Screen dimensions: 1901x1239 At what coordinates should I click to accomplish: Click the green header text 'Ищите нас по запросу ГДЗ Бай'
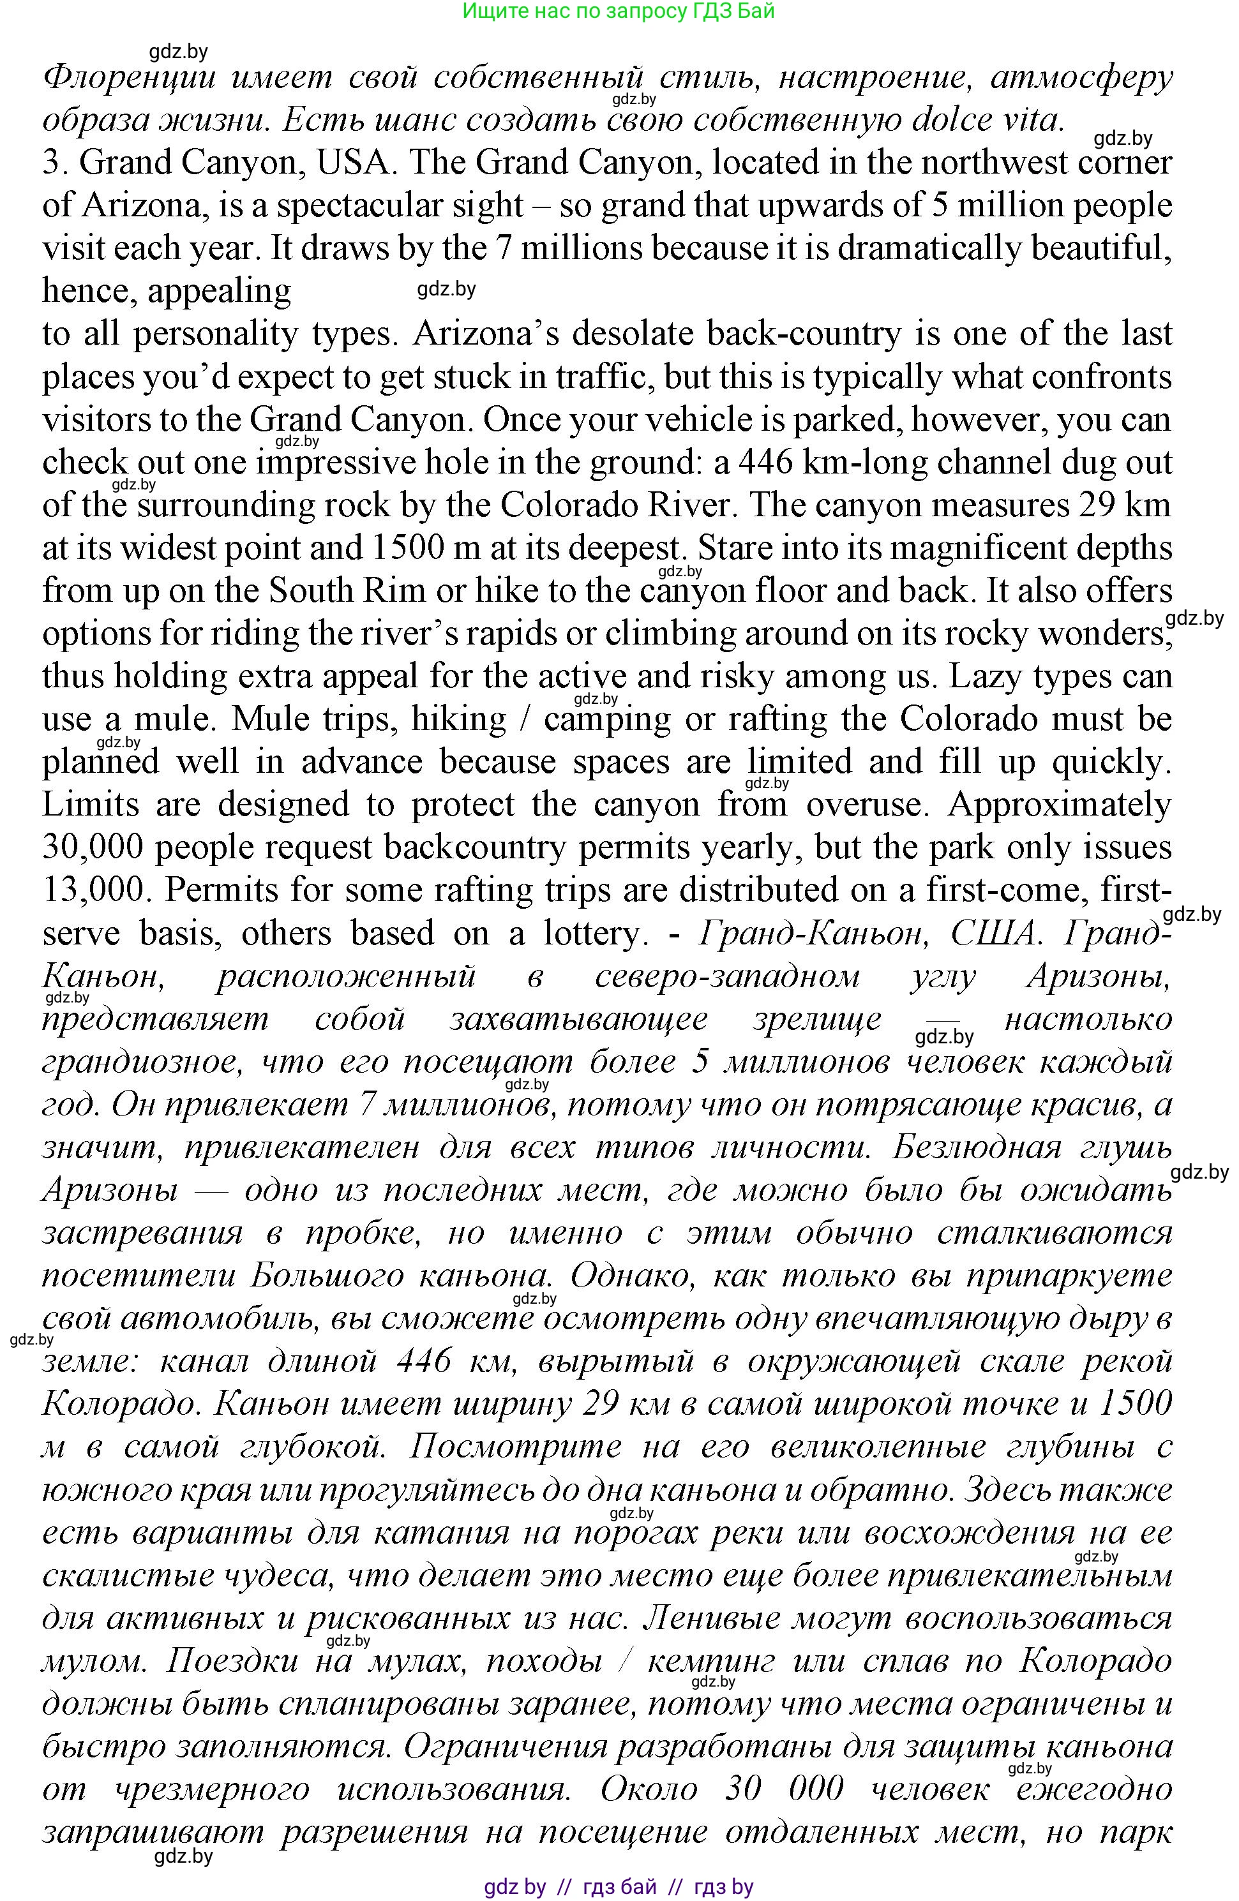click(619, 11)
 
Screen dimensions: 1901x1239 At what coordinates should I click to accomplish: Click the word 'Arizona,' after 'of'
click(149, 206)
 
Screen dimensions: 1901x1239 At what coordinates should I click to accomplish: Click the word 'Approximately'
click(1059, 804)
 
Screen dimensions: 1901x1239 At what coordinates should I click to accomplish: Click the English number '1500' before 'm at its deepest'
click(407, 549)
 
